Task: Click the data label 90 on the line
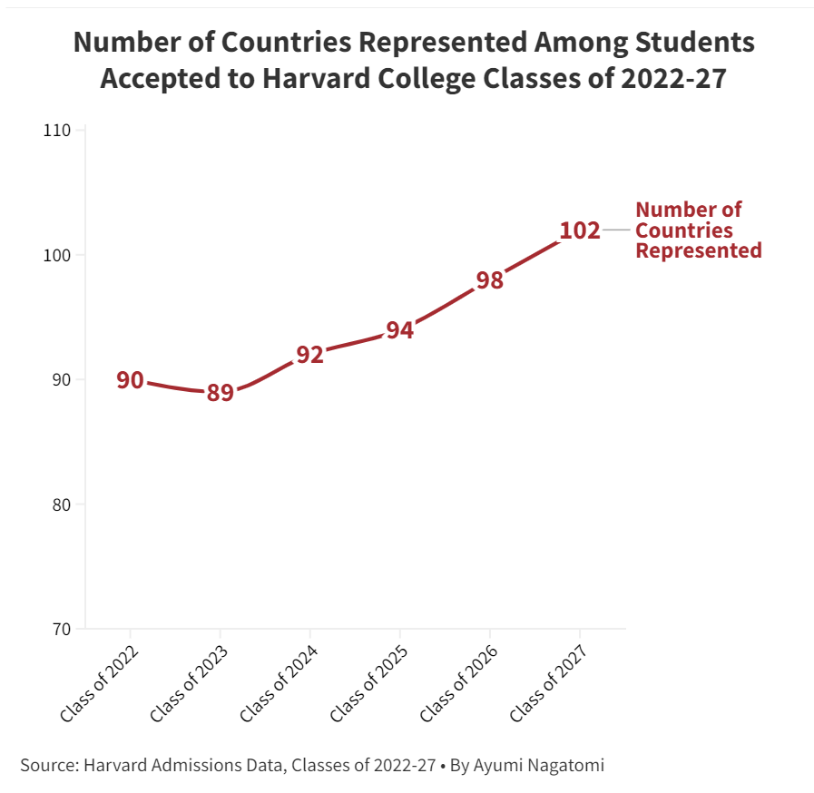pos(130,380)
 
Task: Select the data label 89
pos(220,393)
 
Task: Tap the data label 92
pos(309,355)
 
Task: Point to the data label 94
pos(399,330)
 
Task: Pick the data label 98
pos(489,280)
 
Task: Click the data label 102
pos(580,230)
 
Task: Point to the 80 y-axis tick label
pos(60,504)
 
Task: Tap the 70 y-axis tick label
pos(60,629)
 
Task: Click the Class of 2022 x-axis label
pos(100,684)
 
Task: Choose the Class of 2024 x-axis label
pos(280,684)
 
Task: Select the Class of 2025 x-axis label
pos(369,684)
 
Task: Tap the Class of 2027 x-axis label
pos(550,684)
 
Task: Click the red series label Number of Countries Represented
pos(698,230)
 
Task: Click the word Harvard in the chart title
pos(312,78)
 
